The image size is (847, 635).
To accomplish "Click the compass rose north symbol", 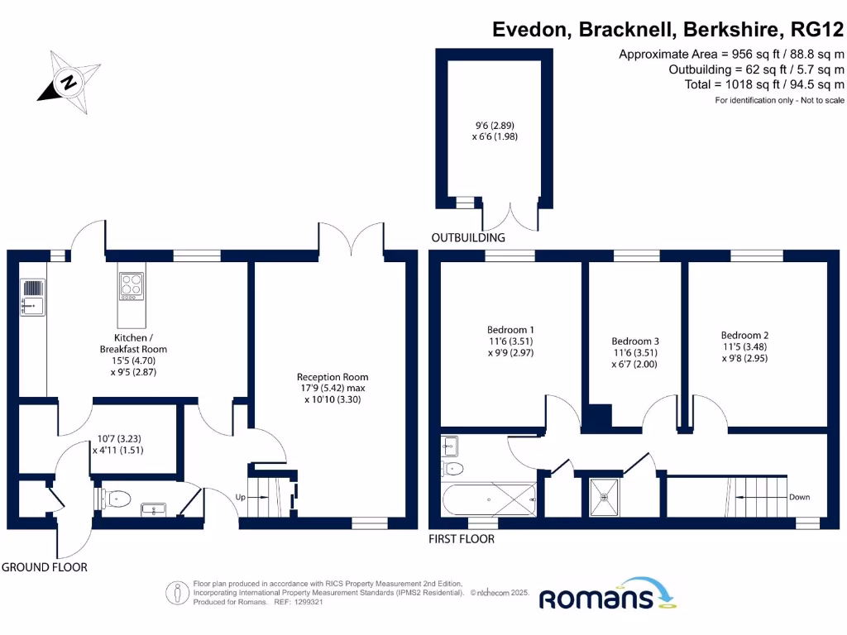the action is point(69,83).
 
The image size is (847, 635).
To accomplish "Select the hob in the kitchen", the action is point(132,286).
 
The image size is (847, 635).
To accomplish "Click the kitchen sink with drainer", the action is point(33,297).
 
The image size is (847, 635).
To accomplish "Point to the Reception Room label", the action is point(333,377).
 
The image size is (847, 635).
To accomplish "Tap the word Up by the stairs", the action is point(241,497).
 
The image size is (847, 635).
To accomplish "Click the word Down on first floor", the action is point(799,497).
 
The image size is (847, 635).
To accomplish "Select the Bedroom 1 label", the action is point(510,329).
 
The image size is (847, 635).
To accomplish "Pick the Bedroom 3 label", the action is point(635,341).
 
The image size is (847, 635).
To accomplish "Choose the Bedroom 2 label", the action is point(744,336).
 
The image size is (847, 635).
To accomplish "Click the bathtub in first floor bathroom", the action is point(489,499).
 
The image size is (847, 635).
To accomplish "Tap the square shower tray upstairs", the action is point(605,497).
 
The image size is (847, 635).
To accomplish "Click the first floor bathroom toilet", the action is point(452,468).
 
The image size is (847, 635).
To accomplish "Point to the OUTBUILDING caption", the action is point(468,237).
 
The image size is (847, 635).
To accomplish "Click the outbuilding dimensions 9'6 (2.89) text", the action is point(495,126).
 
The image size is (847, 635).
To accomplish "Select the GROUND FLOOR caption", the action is point(45,567).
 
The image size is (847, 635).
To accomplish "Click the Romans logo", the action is point(607,594).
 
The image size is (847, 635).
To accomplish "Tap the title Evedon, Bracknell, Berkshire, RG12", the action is point(668,29).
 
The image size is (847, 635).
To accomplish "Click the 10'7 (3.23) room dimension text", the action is point(119,438).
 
